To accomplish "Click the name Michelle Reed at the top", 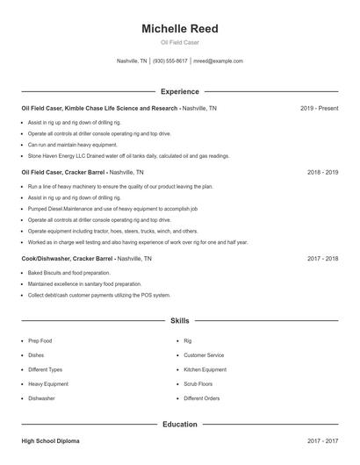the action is tap(179, 29).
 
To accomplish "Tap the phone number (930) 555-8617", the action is tap(170, 61).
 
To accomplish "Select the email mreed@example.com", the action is tap(218, 61).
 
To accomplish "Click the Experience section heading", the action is tap(179, 91).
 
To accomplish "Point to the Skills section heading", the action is tap(179, 321).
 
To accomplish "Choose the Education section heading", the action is tap(179, 425).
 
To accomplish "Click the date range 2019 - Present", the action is tap(319, 108).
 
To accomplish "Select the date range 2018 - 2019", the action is tap(322, 173).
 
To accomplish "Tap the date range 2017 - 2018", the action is tap(322, 259).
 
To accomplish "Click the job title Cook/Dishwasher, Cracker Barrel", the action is tap(68, 259).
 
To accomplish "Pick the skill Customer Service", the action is tap(204, 355).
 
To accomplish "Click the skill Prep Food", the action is tap(40, 340).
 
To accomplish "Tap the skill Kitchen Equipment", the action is tap(205, 369).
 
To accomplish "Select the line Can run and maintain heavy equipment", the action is tap(72, 145).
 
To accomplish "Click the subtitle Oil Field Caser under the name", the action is tap(179, 43).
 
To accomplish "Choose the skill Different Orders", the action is tap(203, 398).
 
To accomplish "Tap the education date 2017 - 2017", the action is tap(322, 440).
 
